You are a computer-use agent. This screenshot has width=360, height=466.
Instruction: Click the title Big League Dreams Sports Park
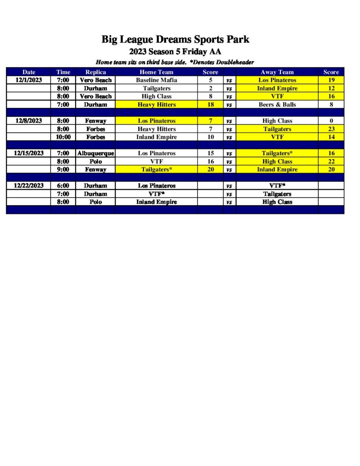(x=175, y=40)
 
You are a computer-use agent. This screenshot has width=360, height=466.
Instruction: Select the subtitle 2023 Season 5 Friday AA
(x=175, y=51)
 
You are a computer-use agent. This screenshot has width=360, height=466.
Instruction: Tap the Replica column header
(x=96, y=72)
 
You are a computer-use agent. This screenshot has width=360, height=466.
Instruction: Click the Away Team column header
(x=277, y=72)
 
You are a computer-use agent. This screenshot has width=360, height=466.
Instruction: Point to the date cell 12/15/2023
(x=29, y=153)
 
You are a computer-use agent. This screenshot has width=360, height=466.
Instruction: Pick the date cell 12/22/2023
(x=29, y=186)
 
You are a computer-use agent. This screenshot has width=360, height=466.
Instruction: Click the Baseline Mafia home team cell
(x=156, y=80)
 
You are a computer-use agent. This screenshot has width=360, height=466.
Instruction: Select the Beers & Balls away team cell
(x=277, y=105)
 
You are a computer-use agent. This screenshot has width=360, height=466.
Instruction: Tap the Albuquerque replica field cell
(x=96, y=153)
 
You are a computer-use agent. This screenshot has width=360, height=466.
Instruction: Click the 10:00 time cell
(x=63, y=137)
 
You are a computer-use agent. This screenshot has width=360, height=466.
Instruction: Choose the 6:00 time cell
(x=63, y=186)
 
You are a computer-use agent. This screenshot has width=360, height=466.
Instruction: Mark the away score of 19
(x=331, y=80)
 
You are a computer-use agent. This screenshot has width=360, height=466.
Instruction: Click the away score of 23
(x=331, y=129)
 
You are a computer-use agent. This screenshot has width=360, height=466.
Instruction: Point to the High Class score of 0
(x=331, y=121)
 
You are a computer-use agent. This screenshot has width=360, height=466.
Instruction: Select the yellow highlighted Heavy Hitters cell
(x=156, y=105)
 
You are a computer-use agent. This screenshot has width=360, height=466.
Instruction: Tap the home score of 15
(x=210, y=153)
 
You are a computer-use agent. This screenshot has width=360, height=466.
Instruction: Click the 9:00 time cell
(x=63, y=170)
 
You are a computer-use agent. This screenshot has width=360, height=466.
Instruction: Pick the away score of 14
(x=331, y=137)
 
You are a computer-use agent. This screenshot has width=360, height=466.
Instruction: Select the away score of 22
(x=331, y=162)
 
